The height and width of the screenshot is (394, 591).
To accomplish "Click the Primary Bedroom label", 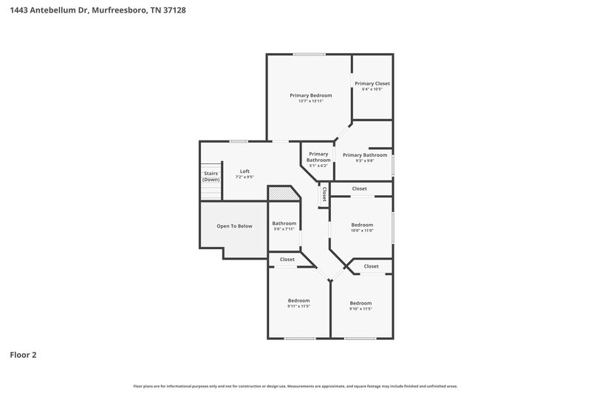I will point(310,95).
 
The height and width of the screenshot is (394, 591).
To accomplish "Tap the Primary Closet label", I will point(372,84).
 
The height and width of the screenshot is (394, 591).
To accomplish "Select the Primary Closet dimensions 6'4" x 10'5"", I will point(372,90).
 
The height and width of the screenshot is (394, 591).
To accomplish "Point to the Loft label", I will point(245,171).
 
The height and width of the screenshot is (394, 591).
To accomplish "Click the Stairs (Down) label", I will point(211,177).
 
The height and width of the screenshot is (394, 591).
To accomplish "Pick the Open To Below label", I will point(234,226).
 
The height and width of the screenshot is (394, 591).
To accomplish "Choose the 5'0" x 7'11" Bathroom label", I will point(284,223).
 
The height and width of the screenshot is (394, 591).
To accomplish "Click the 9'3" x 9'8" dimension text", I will point(364,161).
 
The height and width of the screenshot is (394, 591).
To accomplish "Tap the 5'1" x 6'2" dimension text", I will point(318,166).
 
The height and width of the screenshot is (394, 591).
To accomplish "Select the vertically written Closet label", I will point(324,194).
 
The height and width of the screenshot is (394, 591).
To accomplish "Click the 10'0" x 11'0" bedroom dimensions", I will point(362,231).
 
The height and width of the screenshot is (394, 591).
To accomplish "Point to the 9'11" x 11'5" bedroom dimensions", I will point(298,307).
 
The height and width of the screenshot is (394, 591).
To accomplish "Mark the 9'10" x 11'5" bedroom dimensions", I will point(361,309).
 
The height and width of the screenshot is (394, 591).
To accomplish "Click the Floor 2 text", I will point(23,355).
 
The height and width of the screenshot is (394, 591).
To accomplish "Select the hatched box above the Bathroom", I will point(281,193).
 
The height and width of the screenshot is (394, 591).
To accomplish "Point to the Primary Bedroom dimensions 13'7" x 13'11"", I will point(310,101).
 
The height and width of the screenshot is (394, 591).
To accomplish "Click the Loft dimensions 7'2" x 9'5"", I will point(245,177).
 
